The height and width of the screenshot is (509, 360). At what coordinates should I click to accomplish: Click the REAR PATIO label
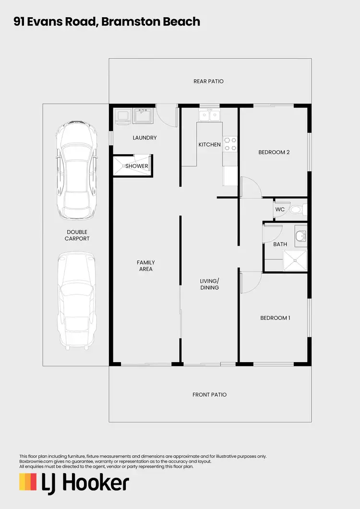tap(208, 82)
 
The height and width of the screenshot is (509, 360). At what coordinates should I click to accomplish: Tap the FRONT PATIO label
tap(209, 395)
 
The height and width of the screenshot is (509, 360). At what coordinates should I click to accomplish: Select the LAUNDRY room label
tap(144, 138)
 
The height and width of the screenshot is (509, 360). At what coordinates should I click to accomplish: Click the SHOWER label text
tap(137, 166)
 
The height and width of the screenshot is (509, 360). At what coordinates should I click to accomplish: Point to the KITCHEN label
tap(210, 145)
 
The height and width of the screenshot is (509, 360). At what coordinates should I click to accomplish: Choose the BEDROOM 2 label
tap(274, 153)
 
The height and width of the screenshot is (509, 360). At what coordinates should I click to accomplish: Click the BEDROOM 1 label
tap(275, 318)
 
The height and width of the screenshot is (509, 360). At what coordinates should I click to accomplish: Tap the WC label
tap(280, 210)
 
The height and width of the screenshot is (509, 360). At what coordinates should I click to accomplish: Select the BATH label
tap(280, 245)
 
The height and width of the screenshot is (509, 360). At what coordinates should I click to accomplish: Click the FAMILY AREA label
tap(145, 266)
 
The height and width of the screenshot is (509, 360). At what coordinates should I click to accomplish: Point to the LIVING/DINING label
tap(209, 284)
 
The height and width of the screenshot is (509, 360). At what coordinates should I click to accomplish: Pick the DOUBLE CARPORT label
tap(77, 235)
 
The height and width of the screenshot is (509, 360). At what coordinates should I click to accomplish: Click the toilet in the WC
tap(297, 210)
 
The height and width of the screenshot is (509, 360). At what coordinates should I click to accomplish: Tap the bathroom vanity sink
tap(300, 235)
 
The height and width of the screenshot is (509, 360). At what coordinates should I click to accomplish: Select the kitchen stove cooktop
tap(230, 144)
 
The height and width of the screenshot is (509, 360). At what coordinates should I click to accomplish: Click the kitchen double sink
tap(210, 115)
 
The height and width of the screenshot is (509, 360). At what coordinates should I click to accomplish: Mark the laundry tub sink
tap(143, 116)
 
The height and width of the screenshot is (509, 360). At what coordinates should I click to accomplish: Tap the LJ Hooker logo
tap(74, 482)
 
